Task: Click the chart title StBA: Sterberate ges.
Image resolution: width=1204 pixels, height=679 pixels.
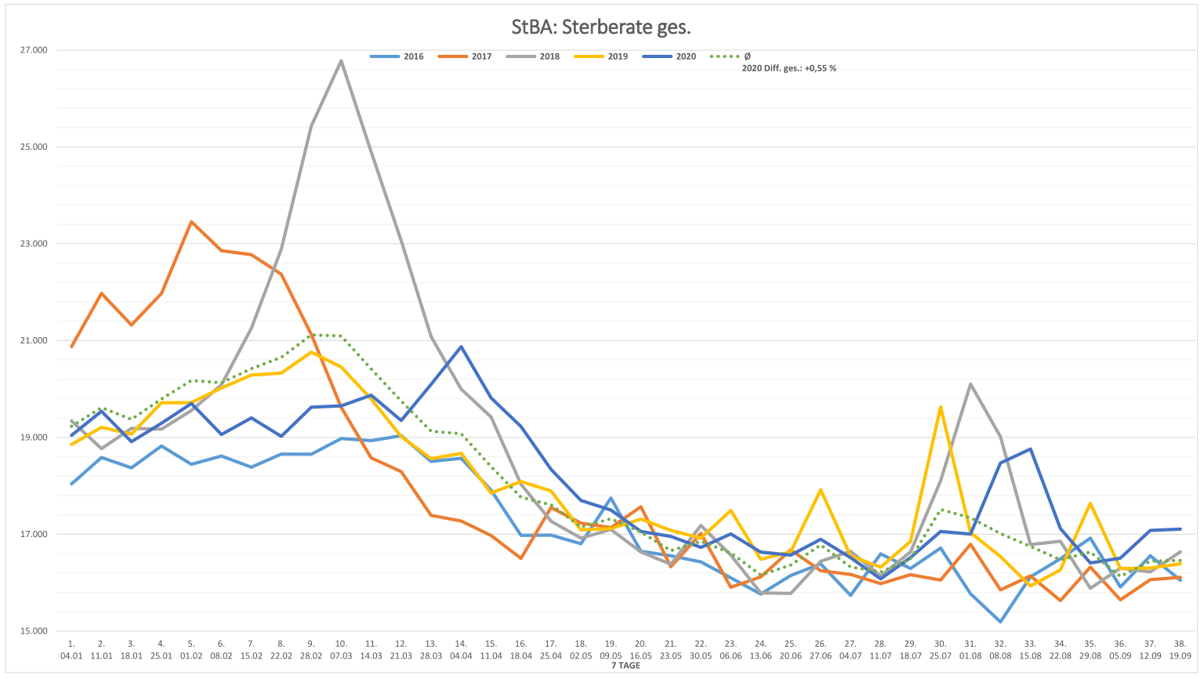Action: coord(601,27)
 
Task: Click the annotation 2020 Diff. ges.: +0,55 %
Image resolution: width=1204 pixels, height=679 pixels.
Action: coord(789,68)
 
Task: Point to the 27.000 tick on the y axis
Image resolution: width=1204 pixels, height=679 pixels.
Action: coord(34,50)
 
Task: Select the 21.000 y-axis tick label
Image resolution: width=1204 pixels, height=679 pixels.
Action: coord(34,340)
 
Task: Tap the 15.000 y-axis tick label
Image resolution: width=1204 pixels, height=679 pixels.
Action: coord(34,631)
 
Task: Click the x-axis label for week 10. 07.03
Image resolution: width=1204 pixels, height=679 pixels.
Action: coord(341,649)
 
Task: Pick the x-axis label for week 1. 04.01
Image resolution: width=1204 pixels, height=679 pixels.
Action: coord(71,649)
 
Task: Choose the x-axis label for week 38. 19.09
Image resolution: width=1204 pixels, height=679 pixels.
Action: coord(1180,649)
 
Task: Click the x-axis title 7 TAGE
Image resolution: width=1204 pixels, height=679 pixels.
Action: coord(626,666)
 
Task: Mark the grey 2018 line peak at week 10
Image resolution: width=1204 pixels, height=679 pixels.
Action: coord(341,60)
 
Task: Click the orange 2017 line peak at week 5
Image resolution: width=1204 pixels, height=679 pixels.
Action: coord(191,222)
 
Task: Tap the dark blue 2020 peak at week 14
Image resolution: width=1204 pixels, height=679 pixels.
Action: coord(461,347)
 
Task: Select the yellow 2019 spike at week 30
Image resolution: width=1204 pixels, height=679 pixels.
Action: coord(940,407)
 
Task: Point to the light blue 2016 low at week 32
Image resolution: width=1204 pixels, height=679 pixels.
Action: coord(1000,622)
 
